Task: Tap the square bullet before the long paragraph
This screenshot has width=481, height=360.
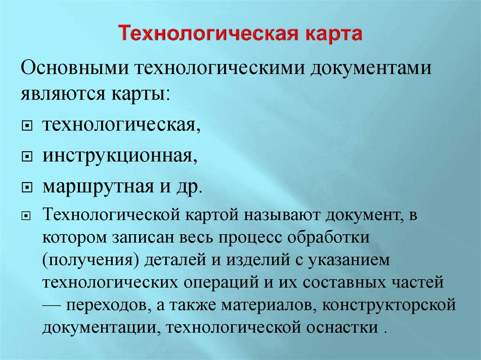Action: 27,217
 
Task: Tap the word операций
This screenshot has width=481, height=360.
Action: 225,282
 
